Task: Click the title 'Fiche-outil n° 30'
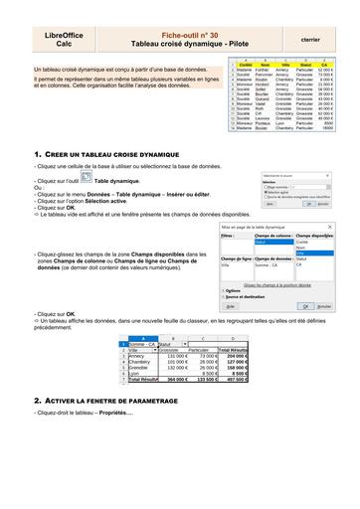[180, 36]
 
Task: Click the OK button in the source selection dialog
[310, 203]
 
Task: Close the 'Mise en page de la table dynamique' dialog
[329, 228]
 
